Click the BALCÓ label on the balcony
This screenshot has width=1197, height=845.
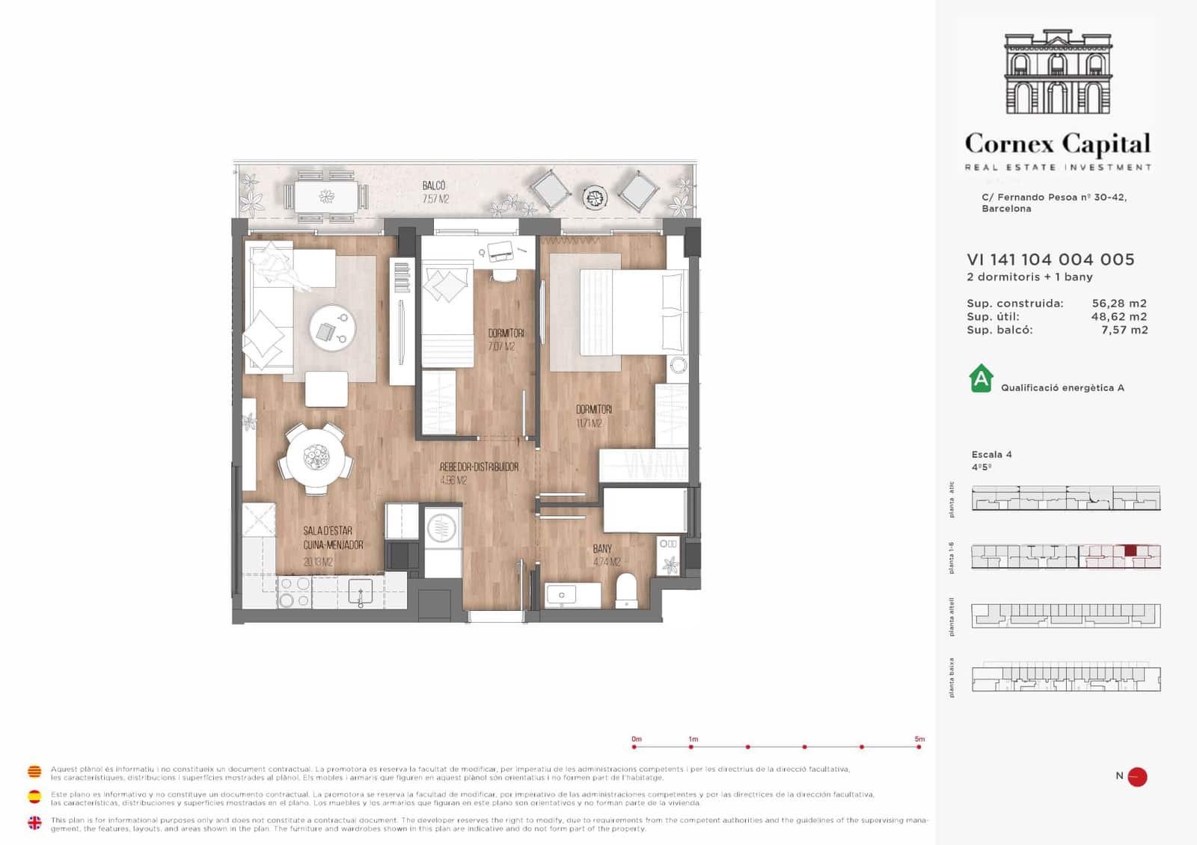tap(434, 185)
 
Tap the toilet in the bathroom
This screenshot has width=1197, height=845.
tap(625, 590)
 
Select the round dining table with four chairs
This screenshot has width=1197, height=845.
tap(316, 458)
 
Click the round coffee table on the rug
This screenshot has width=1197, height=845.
tap(332, 329)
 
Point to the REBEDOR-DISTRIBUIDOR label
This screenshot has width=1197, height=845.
tap(479, 467)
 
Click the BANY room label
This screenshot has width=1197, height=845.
tap(602, 549)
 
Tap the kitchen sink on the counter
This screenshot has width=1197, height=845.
tap(360, 591)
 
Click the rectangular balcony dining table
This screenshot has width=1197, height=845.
tap(327, 197)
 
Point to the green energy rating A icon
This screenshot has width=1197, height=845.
tap(981, 379)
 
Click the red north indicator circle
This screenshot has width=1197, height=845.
tap(1137, 777)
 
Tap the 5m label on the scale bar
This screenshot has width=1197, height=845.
tap(919, 739)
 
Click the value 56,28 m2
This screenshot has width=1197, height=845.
tap(1118, 304)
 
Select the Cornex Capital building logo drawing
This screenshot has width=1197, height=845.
tap(1058, 73)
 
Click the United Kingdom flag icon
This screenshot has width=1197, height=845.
tap(34, 823)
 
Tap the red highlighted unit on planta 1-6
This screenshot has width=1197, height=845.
tap(1130, 551)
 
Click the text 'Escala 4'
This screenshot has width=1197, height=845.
tap(991, 455)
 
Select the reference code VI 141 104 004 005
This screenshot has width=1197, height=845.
tap(1050, 259)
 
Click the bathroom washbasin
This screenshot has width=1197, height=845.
tap(562, 595)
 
